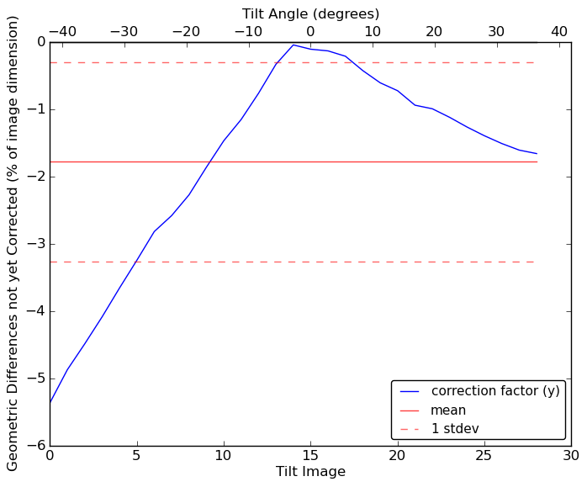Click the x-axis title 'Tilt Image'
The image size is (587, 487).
[310, 472]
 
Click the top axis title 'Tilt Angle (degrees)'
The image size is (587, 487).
[310, 13]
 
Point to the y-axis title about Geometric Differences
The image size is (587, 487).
[13, 244]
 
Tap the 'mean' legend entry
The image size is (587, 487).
[448, 410]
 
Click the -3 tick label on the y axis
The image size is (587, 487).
[33, 244]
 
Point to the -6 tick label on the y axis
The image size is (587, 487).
[33, 446]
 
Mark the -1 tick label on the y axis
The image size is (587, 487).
[33, 109]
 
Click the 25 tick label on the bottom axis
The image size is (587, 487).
[484, 456]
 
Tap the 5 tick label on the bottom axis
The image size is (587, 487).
[136, 456]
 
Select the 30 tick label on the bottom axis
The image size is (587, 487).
[571, 456]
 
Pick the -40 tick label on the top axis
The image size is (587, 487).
[61, 32]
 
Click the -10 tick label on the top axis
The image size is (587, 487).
[248, 32]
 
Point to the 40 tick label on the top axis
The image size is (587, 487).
[559, 32]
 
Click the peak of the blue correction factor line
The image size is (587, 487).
[293, 45]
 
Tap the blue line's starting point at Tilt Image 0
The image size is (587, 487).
[50, 403]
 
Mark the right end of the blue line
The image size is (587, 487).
[537, 154]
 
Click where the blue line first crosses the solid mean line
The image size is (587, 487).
[209, 161]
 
